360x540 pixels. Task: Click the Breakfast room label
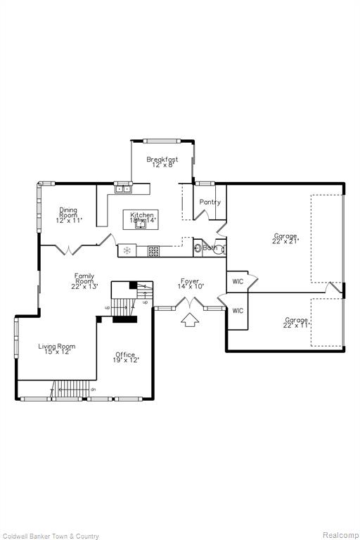[162, 162]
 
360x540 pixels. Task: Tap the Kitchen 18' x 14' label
[141, 217]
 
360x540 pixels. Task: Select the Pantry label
[210, 202]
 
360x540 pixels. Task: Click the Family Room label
[84, 281]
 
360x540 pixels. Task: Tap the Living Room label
[56, 349]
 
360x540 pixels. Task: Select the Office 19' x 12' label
[126, 357]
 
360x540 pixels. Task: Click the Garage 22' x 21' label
[285, 238]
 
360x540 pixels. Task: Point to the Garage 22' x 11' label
[296, 323]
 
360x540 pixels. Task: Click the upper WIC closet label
[238, 282]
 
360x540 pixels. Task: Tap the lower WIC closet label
[238, 310]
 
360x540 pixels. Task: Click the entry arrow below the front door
[189, 321]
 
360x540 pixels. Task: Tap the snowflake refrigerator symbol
[127, 250]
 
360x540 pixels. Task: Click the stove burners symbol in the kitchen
[153, 250]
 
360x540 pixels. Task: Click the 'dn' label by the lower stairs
[93, 389]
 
